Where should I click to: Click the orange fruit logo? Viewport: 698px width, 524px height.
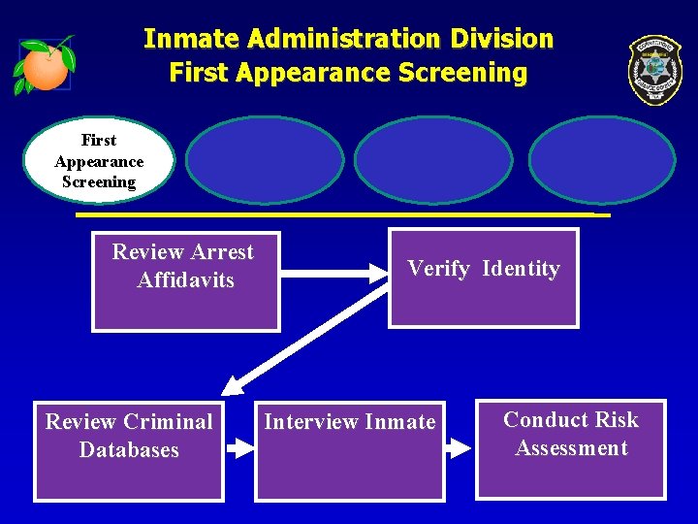tap(44, 66)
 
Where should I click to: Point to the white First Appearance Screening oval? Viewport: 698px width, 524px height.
tap(99, 161)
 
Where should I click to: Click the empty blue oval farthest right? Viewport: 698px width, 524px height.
tap(601, 160)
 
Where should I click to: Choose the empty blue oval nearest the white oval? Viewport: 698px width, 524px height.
tap(265, 160)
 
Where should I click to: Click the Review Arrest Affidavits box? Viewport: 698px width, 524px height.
tap(185, 281)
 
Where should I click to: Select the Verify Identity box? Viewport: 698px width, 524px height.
tap(483, 278)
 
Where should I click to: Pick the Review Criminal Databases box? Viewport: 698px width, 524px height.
tap(129, 451)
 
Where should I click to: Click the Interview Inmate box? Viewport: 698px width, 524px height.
tap(350, 451)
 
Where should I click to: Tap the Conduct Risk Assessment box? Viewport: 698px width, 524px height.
tap(571, 448)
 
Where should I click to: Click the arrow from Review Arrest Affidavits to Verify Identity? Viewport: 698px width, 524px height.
tap(333, 273)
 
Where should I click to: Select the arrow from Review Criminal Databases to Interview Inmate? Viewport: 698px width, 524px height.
tap(238, 448)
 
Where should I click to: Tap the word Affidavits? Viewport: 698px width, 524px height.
tap(185, 280)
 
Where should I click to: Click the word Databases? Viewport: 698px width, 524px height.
tap(129, 450)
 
